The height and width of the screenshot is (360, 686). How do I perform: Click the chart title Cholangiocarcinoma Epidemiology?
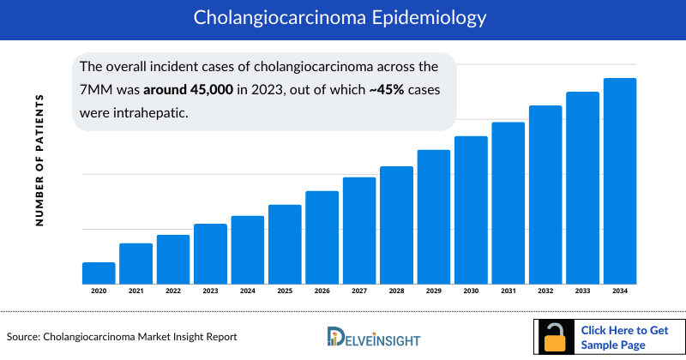pos(343,17)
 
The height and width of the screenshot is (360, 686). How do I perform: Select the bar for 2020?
pos(99,273)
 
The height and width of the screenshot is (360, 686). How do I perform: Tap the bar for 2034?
pos(620,181)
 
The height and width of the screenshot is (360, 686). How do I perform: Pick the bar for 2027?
pos(359,231)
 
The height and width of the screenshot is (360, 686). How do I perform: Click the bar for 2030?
pos(471,210)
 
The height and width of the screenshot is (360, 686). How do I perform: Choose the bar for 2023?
pos(210,254)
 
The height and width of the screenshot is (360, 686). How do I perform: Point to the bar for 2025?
pos(285,244)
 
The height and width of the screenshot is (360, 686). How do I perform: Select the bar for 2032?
pos(545,195)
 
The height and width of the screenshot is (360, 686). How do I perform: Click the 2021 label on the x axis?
pos(135,291)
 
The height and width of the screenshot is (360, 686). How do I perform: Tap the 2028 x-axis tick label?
pos(396,291)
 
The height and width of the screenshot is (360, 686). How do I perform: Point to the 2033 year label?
pos(582,291)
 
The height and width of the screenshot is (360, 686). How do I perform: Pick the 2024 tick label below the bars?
pos(248,291)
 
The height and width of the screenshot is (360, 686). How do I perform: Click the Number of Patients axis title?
pos(39,161)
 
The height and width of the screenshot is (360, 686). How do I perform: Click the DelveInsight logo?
pos(373,337)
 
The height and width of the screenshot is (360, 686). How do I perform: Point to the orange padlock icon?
pos(557,338)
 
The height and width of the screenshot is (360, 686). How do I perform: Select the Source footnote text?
pos(122,337)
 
